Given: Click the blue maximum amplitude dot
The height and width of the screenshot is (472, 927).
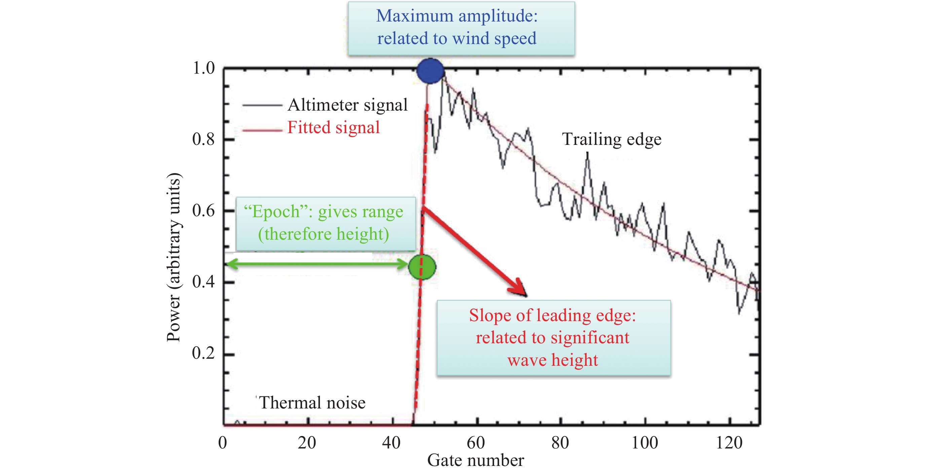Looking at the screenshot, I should click(x=430, y=71).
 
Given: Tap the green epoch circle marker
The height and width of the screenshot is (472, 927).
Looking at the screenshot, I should click(x=422, y=267).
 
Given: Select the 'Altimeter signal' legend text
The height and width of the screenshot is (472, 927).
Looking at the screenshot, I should click(x=347, y=105).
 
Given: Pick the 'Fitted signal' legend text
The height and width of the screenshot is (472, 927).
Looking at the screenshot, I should click(x=333, y=127).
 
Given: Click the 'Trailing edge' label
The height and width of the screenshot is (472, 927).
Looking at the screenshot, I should click(x=611, y=139).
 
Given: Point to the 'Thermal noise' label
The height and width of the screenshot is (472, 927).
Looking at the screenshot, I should click(x=312, y=402).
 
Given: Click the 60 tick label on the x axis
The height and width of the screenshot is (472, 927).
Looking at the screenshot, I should click(x=476, y=443).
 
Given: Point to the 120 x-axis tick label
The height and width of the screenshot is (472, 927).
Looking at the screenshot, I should click(x=729, y=443).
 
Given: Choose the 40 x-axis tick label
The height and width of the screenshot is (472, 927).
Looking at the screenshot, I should click(x=391, y=443).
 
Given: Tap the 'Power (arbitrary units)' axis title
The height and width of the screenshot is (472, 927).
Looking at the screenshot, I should click(x=174, y=257).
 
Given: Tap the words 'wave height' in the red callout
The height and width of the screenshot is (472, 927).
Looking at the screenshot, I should click(x=552, y=360).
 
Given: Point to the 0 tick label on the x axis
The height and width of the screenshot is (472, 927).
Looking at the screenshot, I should click(x=223, y=443).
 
